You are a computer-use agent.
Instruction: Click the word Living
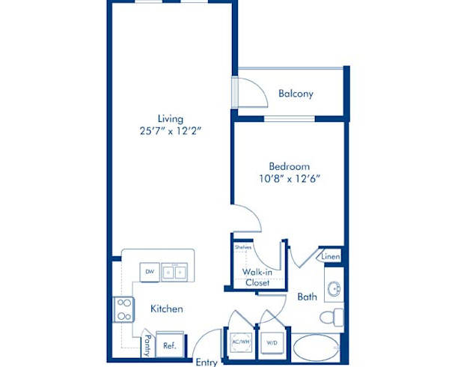pyautogui.click(x=170, y=118)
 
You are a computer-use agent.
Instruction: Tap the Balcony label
pyautogui.click(x=296, y=94)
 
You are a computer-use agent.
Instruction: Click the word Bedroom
pyautogui.click(x=290, y=166)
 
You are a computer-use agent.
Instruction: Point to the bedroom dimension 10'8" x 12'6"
pyautogui.click(x=290, y=179)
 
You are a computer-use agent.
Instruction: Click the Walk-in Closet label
pyautogui.click(x=256, y=277)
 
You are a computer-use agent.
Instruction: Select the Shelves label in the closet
pyautogui.click(x=242, y=246)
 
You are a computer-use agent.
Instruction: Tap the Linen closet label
pyautogui.click(x=330, y=257)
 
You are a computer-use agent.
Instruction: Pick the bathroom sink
pyautogui.click(x=334, y=288)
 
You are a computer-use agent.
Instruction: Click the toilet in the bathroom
pyautogui.click(x=331, y=316)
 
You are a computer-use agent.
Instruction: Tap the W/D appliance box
pyautogui.click(x=271, y=342)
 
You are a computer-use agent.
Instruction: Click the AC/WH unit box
pyautogui.click(x=240, y=342)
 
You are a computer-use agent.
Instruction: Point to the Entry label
pyautogui.click(x=206, y=362)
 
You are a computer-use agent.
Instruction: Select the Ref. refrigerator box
pyautogui.click(x=170, y=345)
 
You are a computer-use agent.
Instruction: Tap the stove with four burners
pyautogui.click(x=123, y=308)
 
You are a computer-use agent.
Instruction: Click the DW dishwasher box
pyautogui.click(x=149, y=272)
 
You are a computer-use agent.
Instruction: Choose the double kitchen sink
pyautogui.click(x=175, y=272)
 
